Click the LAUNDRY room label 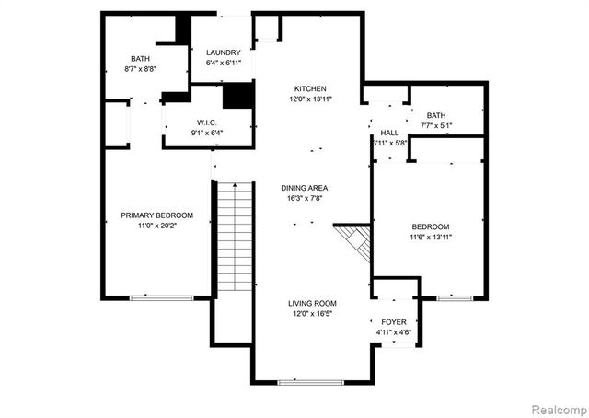[x=224, y=52]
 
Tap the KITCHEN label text [x=309, y=88]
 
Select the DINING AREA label [x=305, y=188]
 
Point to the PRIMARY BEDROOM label [x=156, y=215]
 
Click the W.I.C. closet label [x=206, y=122]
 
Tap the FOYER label [x=394, y=322]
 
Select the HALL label [x=389, y=133]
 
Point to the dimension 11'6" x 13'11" [x=430, y=237]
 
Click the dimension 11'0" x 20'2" [x=156, y=226]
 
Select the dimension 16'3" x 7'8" [x=305, y=198]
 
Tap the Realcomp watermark [x=556, y=406]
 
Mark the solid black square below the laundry [x=238, y=95]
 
